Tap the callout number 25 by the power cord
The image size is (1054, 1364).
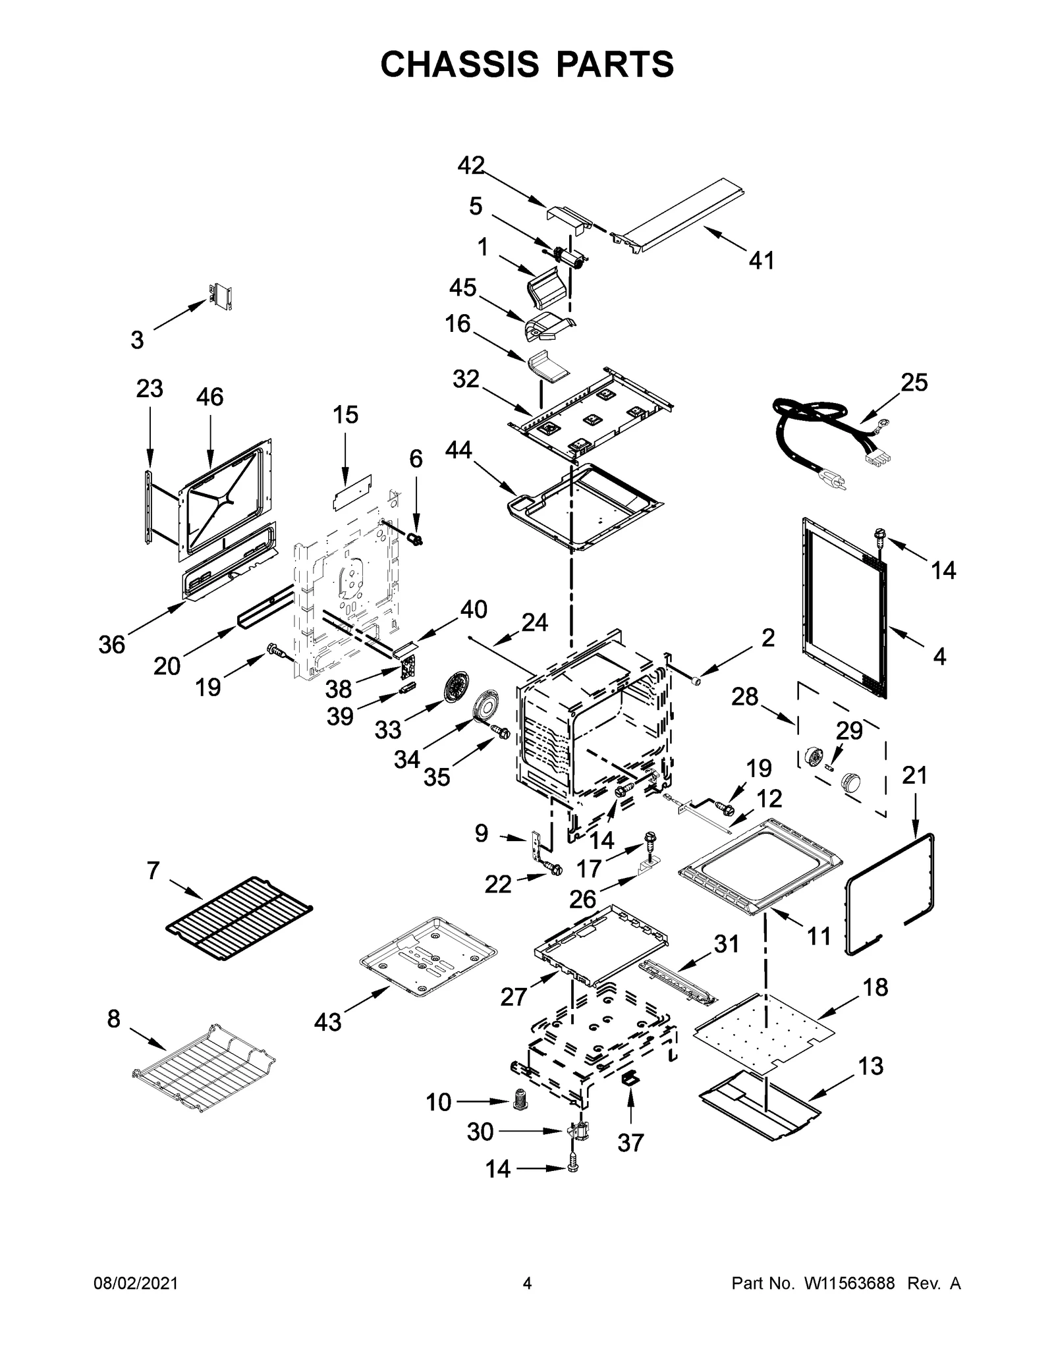[x=914, y=382]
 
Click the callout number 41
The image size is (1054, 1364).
[x=762, y=261]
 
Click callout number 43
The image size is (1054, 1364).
[x=327, y=1022]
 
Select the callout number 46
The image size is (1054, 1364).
[x=209, y=396]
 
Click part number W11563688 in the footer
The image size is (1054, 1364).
[x=849, y=1302]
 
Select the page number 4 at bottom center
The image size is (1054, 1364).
[x=526, y=1302]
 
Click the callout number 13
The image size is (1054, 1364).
[x=871, y=1066]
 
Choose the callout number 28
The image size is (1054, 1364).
[x=744, y=696]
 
